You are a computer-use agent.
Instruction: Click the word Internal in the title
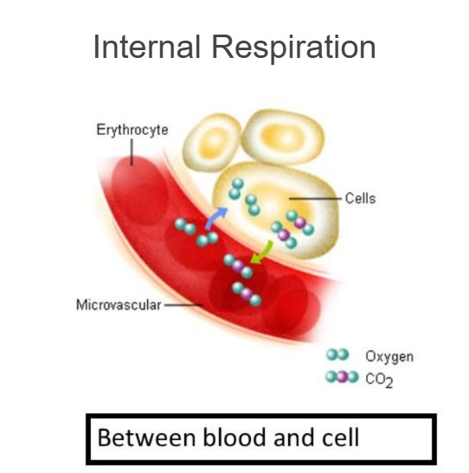(x=147, y=47)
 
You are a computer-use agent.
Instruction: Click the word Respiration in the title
(x=294, y=48)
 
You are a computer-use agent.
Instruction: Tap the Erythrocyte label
(x=132, y=130)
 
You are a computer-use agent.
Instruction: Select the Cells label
(x=360, y=199)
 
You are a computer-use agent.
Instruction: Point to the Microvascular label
(x=119, y=304)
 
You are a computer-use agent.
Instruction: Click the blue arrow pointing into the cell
(x=215, y=218)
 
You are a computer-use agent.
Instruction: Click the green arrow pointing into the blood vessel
(x=262, y=252)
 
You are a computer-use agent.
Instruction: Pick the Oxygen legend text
(x=389, y=357)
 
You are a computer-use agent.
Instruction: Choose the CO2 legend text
(x=379, y=380)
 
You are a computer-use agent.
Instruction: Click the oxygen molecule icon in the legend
(x=337, y=355)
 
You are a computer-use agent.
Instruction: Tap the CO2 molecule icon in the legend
(x=342, y=377)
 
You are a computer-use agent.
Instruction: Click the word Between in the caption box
(x=146, y=438)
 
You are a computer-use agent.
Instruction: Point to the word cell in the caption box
(x=340, y=438)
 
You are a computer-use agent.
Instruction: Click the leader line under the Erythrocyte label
(x=132, y=152)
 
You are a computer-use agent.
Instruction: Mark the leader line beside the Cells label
(x=315, y=199)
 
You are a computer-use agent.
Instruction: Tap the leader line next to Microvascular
(x=183, y=304)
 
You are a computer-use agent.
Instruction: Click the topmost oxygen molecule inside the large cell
(x=236, y=189)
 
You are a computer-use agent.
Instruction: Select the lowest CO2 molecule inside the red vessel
(x=247, y=294)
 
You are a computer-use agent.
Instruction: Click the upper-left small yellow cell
(x=211, y=142)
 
